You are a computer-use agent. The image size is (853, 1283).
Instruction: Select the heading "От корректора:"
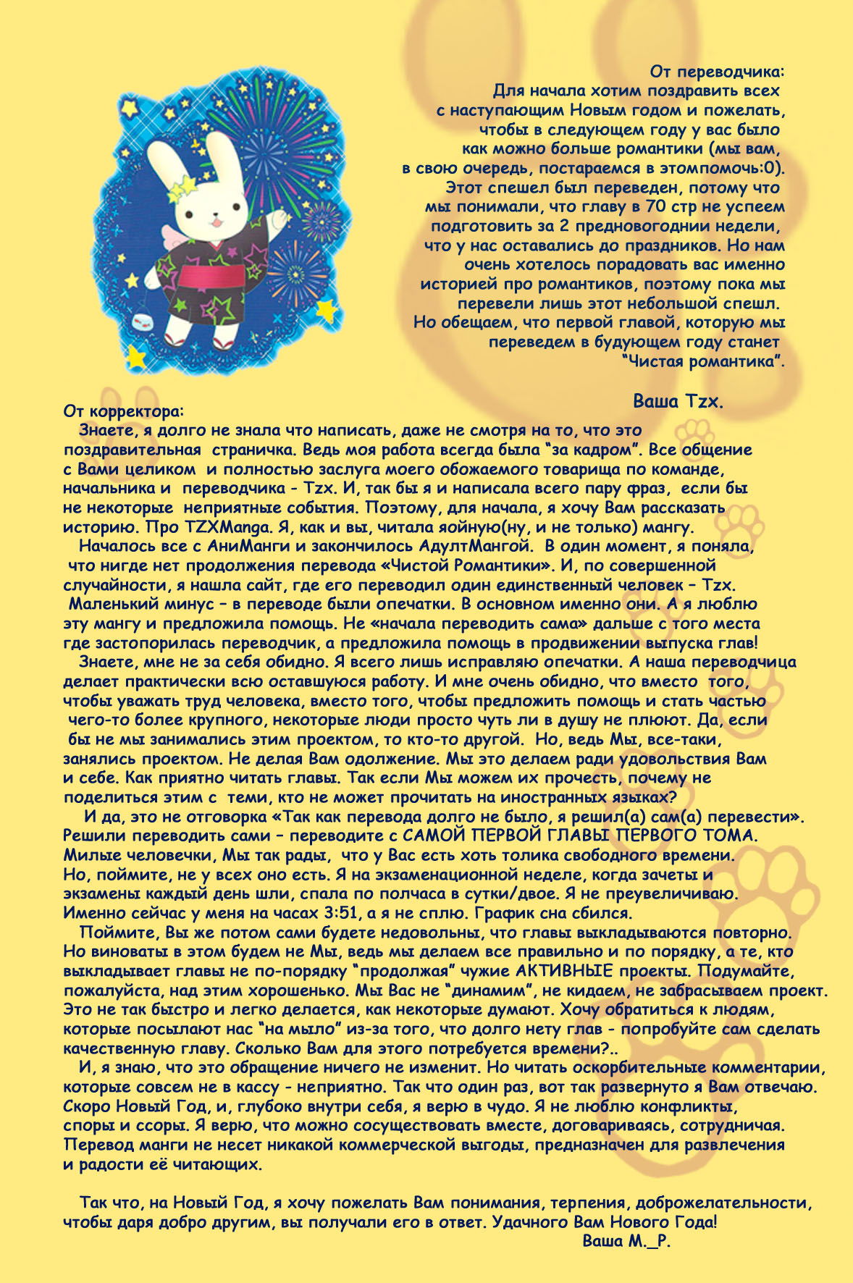point(124,411)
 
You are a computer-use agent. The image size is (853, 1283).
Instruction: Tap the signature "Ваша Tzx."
point(678,400)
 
